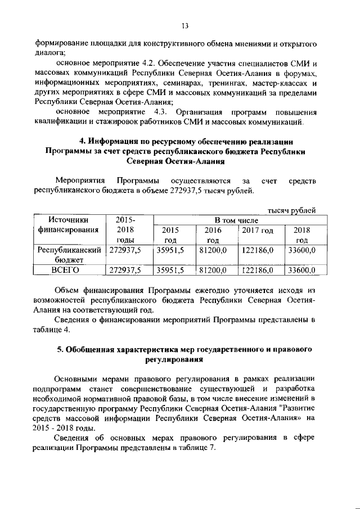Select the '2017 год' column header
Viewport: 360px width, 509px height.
pos(257,230)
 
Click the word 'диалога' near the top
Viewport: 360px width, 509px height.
pos(52,51)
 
